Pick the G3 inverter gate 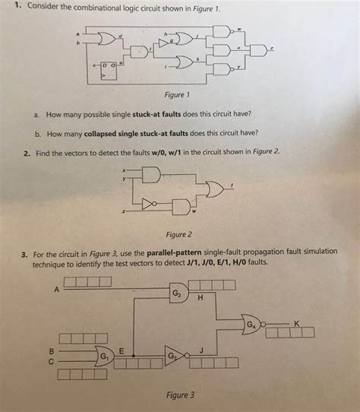(173, 355)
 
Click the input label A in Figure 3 (56, 290)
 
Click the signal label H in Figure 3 (200, 297)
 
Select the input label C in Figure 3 (52, 361)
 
